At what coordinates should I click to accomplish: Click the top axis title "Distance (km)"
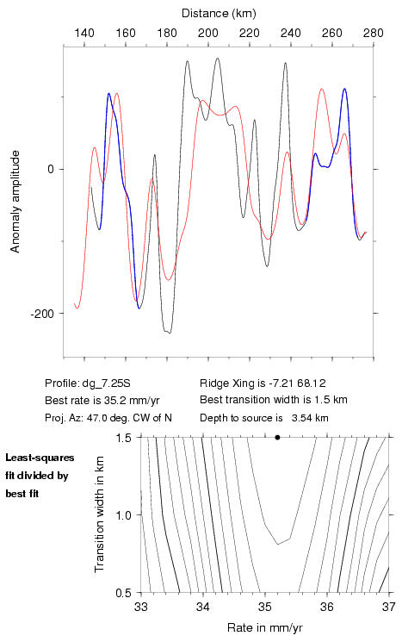coord(219,14)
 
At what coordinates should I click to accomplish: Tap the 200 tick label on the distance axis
coord(207,33)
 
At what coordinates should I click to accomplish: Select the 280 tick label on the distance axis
coord(374,33)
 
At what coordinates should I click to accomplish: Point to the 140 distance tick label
coord(84,33)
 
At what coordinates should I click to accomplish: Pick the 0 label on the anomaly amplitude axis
coord(51,170)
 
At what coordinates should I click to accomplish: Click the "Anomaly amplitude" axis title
coord(15,202)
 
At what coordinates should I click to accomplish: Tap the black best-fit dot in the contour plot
coord(277,437)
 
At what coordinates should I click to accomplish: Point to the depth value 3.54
coord(300,418)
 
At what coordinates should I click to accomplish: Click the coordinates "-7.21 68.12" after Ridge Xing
coord(297,383)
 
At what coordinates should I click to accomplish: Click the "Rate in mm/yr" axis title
coord(265,627)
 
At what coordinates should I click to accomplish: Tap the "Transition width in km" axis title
coord(99,514)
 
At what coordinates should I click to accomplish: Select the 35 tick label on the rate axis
coord(265,607)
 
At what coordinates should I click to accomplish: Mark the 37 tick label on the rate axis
coord(389,607)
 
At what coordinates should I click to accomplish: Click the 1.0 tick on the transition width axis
coord(123,515)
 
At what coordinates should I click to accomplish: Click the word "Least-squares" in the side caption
coord(40,458)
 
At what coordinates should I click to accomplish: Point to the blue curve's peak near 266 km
coord(344,89)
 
